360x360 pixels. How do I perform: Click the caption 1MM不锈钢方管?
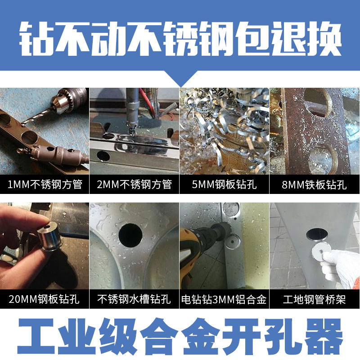pos(45,184)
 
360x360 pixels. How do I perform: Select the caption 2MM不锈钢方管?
pos(135,184)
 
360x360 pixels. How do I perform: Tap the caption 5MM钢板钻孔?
pos(224,184)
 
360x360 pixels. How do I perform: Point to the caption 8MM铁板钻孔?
pos(314,184)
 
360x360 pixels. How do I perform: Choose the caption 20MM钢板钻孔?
pos(45,299)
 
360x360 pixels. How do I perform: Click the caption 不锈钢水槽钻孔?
pos(135,299)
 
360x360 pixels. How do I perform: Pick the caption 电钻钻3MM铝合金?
pos(224,299)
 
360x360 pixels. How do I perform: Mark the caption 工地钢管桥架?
pos(314,299)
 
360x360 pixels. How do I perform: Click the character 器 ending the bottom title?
pos(323,336)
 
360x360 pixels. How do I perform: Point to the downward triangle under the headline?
pos(180,81)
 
